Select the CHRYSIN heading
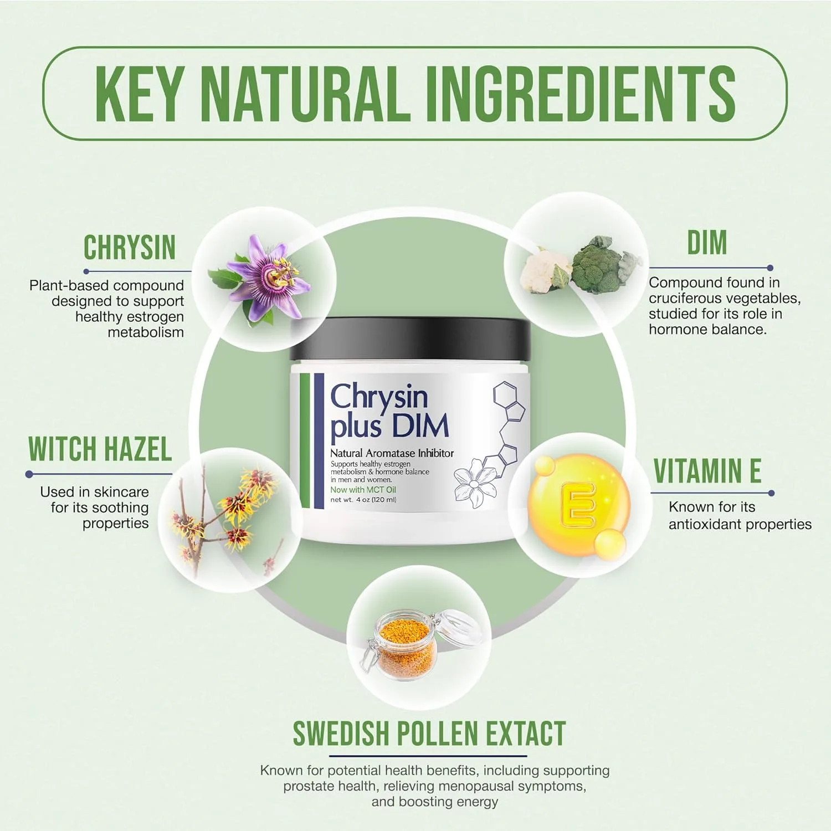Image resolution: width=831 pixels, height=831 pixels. click(x=130, y=247)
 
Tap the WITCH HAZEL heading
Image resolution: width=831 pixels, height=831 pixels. click(x=100, y=449)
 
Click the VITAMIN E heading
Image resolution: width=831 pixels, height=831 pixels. click(x=707, y=471)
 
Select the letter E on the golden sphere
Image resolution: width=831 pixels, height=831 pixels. click(x=578, y=504)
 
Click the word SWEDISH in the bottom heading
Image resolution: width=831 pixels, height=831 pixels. click(x=345, y=733)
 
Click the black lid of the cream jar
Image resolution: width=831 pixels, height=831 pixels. click(x=411, y=339)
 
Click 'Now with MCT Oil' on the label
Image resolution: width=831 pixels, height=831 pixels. click(x=363, y=490)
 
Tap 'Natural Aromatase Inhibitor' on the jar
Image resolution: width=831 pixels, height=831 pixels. click(x=392, y=453)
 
